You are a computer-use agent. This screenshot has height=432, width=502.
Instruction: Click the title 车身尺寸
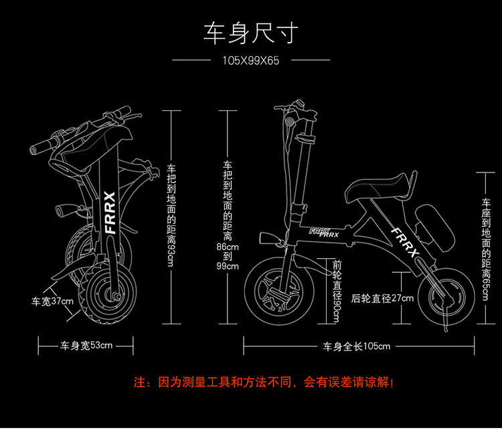(250, 33)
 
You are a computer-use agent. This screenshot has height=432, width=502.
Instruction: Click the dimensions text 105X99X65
(250, 60)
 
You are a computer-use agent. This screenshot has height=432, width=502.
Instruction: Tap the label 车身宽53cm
(86, 346)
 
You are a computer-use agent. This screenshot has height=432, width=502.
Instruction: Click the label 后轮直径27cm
(382, 298)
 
